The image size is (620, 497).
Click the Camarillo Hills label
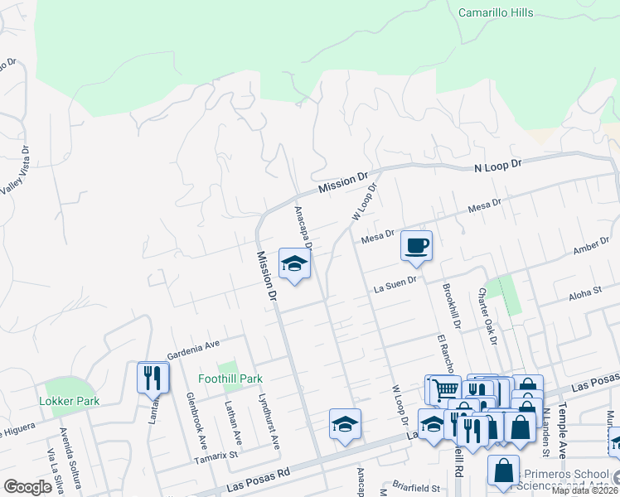[x=496, y=12]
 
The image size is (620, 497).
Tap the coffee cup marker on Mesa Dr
[x=416, y=246]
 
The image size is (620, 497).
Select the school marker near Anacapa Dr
[x=293, y=264]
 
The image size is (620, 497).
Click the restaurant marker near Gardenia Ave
[x=153, y=378]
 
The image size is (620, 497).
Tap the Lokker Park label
[x=69, y=401]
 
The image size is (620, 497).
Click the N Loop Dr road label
[x=497, y=166]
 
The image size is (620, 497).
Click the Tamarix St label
[x=216, y=455]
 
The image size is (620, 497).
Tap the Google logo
[x=27, y=487]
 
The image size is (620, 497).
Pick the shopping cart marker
[x=443, y=389]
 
